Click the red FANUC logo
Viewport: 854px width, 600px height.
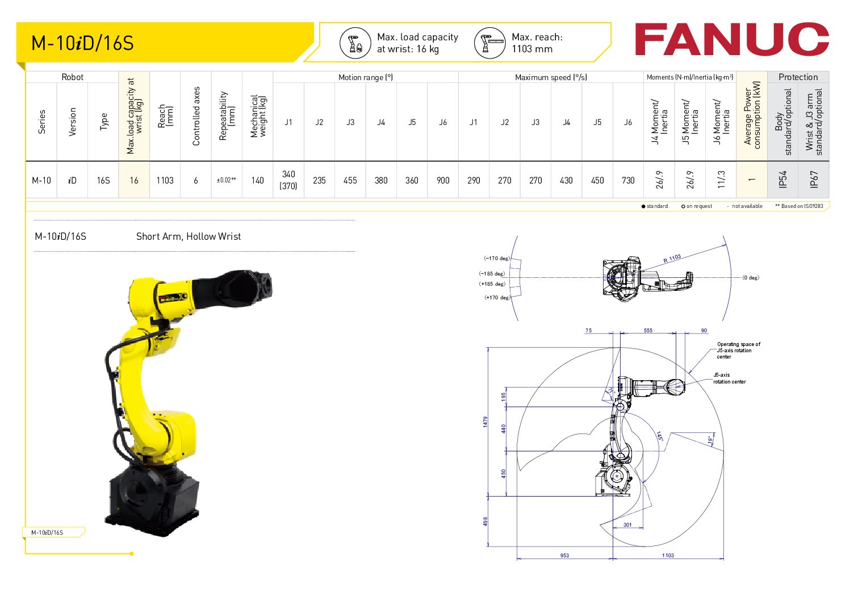point(731,39)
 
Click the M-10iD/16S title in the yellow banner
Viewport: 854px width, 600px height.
point(82,43)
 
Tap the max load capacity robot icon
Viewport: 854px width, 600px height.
point(355,43)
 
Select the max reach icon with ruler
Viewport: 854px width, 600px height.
point(490,43)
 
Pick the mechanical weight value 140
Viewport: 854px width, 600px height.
point(257,181)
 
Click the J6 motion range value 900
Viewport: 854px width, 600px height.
point(443,181)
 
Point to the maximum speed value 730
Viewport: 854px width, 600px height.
point(629,181)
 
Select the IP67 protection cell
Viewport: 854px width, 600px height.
point(814,180)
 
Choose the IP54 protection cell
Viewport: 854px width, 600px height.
point(782,180)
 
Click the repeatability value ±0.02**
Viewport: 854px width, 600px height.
point(227,180)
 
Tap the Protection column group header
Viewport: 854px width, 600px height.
point(798,77)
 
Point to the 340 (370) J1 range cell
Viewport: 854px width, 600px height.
point(288,180)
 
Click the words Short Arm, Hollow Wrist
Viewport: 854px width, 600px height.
point(189,236)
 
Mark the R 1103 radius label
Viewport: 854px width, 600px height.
point(672,258)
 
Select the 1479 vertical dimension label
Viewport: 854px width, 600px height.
point(485,422)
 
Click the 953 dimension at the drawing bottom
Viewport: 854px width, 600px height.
point(564,555)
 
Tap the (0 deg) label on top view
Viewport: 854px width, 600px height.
point(751,278)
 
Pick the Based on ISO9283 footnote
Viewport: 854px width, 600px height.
point(799,206)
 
